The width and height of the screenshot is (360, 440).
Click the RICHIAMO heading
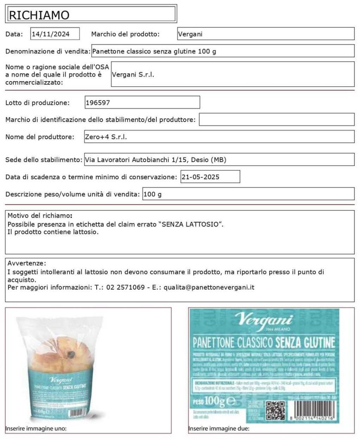[39, 15]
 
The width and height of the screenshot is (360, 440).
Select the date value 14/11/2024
[50, 34]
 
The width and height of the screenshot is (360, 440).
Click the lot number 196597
[98, 103]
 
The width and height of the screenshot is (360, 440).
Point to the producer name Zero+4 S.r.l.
[107, 137]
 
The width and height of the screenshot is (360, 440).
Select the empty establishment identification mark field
[276, 119]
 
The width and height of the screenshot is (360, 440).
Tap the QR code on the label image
[275, 410]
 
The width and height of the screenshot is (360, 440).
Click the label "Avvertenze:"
[27, 263]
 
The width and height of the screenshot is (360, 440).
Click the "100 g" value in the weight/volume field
[153, 194]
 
